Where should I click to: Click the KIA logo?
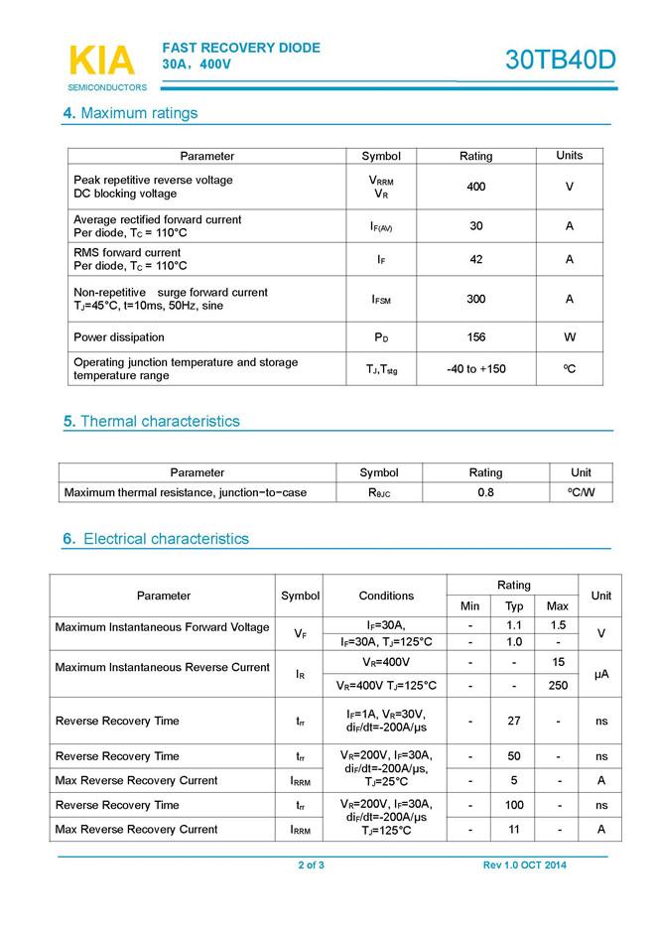(x=101, y=62)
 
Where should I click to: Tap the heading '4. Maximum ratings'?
(x=130, y=113)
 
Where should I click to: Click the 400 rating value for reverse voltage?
(x=475, y=187)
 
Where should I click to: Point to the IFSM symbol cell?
(x=381, y=299)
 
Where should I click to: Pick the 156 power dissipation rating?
(x=475, y=337)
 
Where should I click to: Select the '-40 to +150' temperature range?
(x=475, y=369)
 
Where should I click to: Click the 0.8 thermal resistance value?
(x=485, y=492)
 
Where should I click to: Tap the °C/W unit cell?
(x=582, y=492)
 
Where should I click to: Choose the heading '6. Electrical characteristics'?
(x=156, y=539)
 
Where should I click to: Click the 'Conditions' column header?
(x=386, y=596)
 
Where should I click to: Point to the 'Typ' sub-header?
(x=514, y=606)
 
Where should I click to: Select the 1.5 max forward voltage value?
(x=558, y=625)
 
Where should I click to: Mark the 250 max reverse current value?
(x=558, y=685)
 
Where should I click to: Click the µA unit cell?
(x=600, y=674)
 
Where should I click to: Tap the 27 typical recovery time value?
(x=514, y=722)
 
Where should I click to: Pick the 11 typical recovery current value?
(x=514, y=829)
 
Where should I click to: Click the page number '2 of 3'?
(x=312, y=865)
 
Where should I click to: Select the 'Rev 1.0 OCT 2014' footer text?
(x=525, y=865)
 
